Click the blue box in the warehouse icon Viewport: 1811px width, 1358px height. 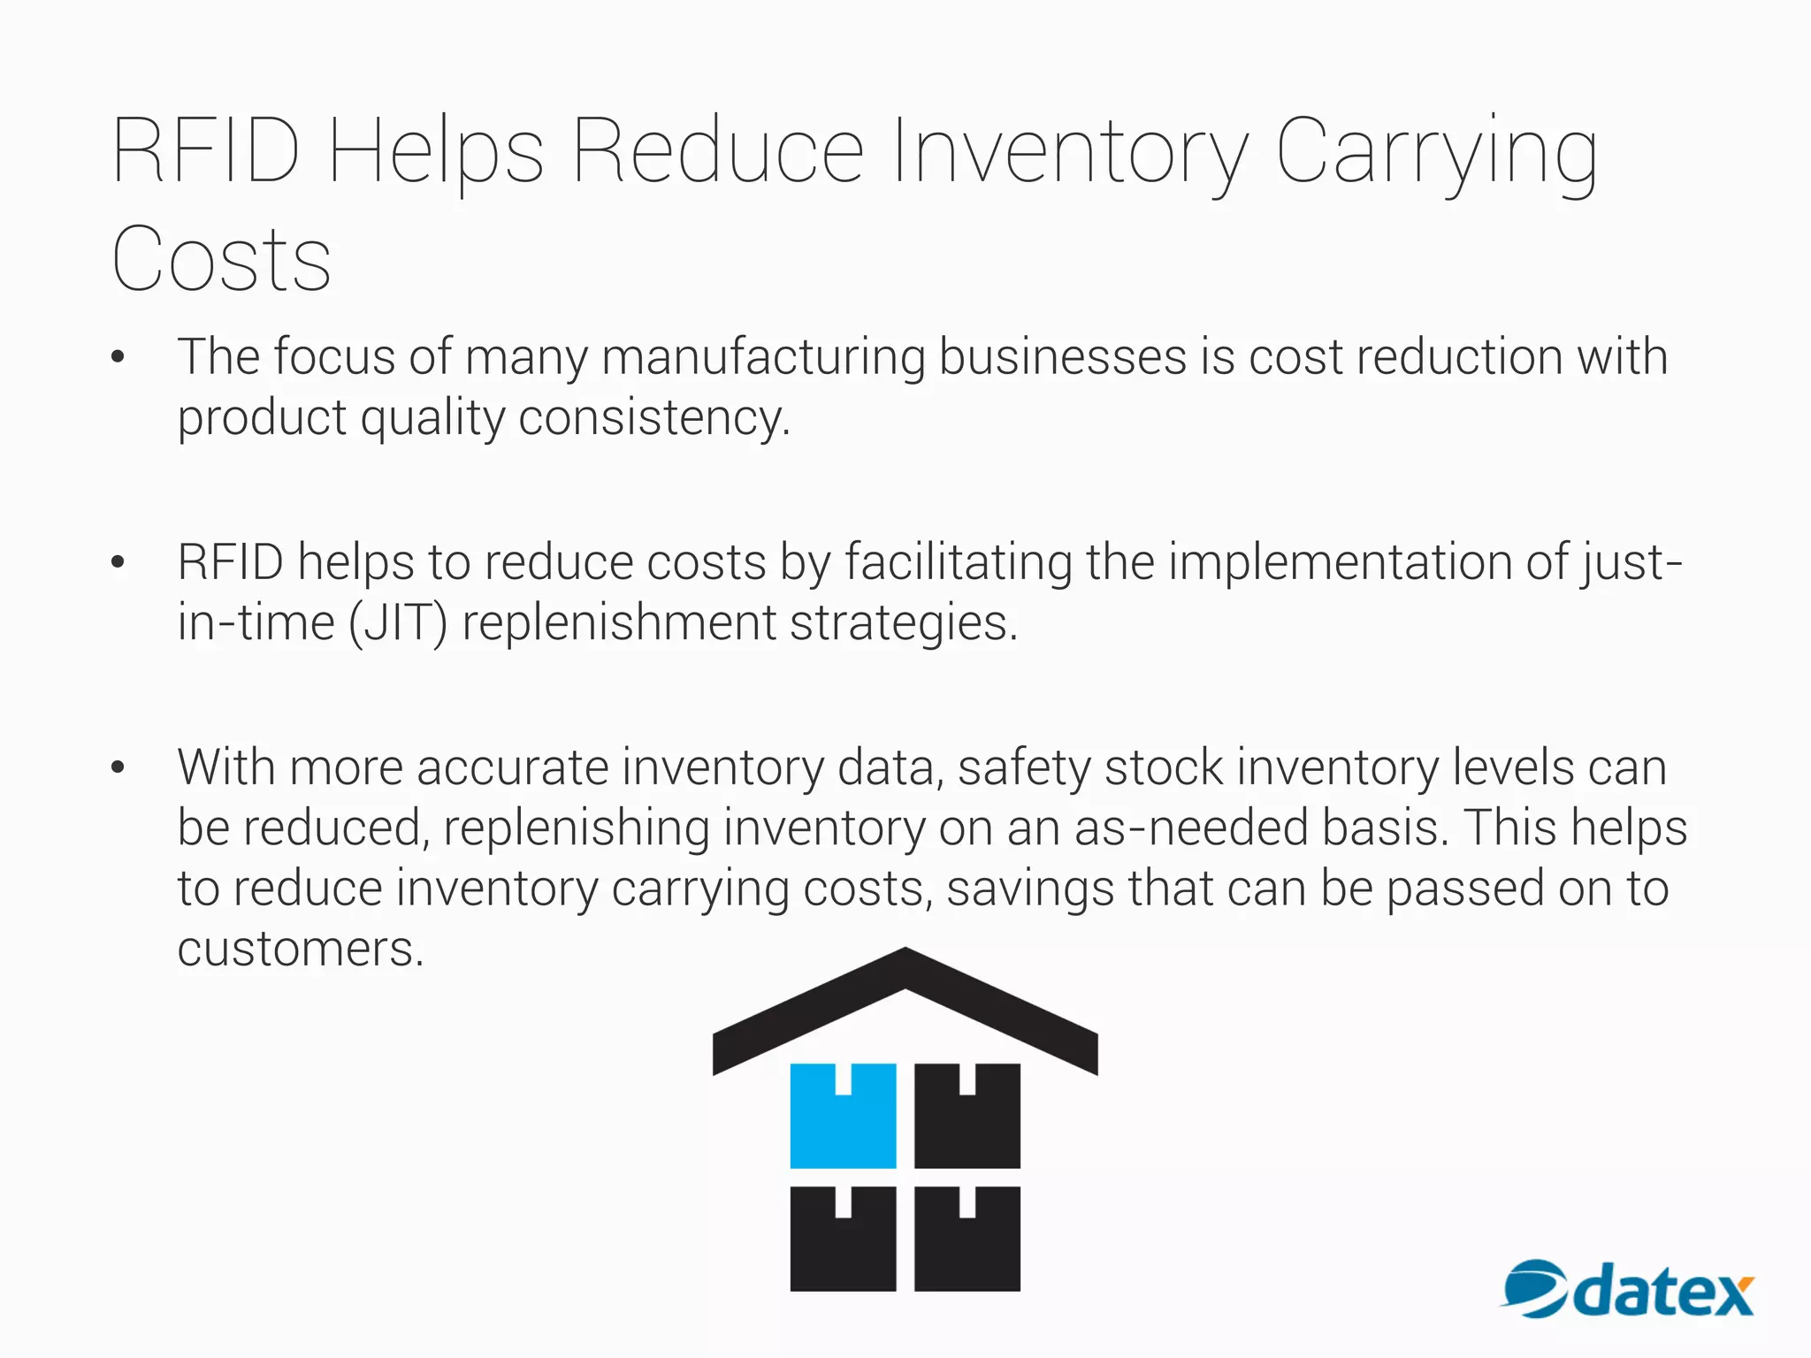[842, 1116]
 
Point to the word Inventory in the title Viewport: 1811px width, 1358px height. [1070, 152]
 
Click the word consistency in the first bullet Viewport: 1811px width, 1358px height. [653, 418]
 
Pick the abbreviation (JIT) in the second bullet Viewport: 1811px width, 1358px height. [398, 623]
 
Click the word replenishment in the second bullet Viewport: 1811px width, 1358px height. [619, 623]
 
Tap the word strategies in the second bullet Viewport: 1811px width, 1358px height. [902, 623]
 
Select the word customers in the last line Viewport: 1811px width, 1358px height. [300, 950]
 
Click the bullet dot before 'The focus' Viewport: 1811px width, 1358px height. [118, 357]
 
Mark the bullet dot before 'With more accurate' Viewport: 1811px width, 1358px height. [118, 767]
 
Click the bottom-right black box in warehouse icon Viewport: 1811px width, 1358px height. [967, 1239]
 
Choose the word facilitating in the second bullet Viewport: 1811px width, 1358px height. [959, 562]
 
